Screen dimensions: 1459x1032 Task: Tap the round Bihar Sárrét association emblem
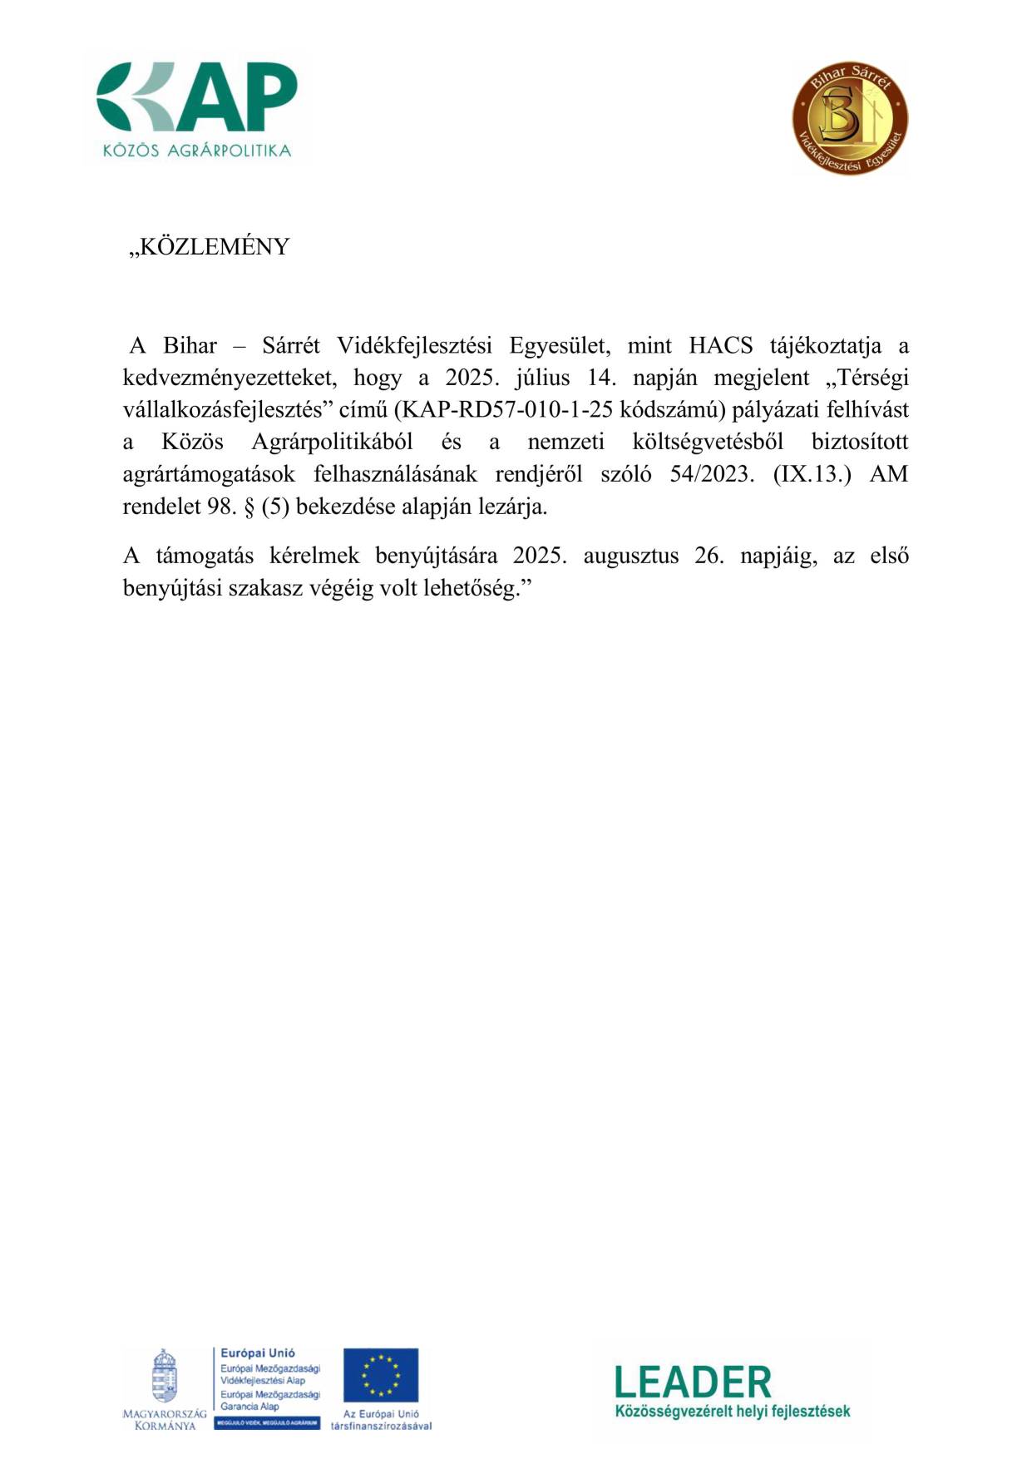pyautogui.click(x=849, y=117)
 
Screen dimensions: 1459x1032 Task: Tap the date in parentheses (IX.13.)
pyautogui.click(x=812, y=474)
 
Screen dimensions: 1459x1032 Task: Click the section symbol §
pyautogui.click(x=249, y=507)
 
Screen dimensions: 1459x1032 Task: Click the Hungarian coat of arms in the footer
pyautogui.click(x=165, y=1377)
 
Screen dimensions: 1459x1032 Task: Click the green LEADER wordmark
pyautogui.click(x=693, y=1382)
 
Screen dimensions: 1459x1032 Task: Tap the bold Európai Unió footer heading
pyautogui.click(x=258, y=1353)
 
